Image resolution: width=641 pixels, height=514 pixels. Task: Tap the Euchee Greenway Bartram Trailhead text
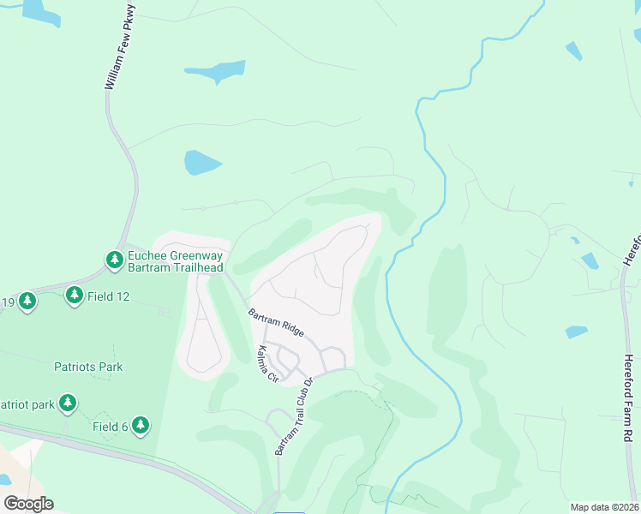coord(175,261)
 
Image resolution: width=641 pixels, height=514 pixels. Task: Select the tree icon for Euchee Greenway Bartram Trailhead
coord(114,259)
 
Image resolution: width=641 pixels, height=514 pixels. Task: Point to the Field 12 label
coord(110,296)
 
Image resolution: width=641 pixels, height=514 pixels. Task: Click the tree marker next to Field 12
coord(75,296)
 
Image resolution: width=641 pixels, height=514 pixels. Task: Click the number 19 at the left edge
coord(8,302)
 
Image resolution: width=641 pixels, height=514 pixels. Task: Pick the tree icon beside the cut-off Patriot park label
coord(68,403)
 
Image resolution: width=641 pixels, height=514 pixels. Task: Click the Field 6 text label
coord(111,426)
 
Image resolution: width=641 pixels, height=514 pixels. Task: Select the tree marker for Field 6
coord(141,425)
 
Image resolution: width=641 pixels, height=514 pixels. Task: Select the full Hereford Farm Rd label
coord(627,398)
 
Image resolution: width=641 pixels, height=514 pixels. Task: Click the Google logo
coord(28,503)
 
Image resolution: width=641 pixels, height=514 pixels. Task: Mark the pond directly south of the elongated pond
coord(203,162)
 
